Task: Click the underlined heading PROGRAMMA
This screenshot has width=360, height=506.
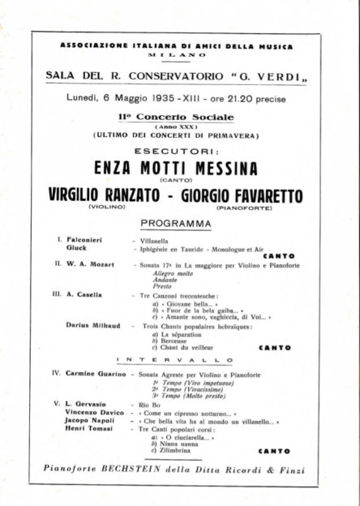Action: click(175, 222)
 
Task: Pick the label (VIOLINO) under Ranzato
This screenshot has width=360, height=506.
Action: click(105, 208)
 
